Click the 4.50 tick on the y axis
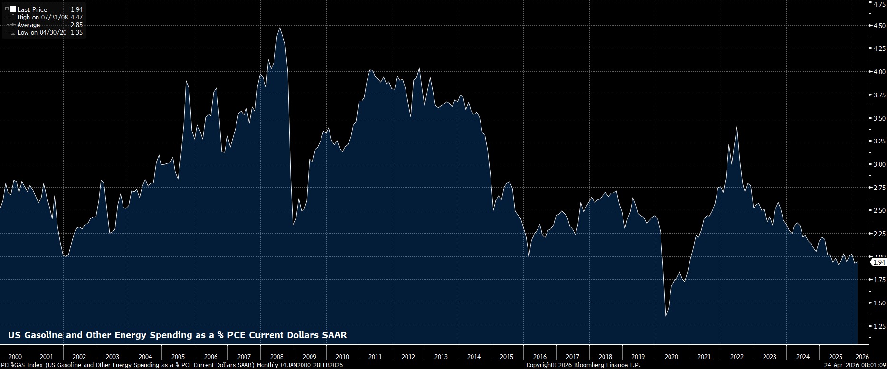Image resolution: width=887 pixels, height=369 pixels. click(x=878, y=26)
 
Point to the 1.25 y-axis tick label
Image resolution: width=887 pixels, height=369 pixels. click(x=878, y=326)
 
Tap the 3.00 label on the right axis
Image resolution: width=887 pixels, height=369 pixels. click(x=878, y=164)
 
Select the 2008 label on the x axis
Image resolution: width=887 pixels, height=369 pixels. click(x=276, y=357)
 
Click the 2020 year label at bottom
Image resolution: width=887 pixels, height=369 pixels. click(x=671, y=357)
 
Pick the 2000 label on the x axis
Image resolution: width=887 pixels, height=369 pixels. click(x=15, y=357)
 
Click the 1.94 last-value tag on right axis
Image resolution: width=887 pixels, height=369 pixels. click(x=879, y=262)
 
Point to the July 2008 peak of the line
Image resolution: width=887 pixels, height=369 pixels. click(x=279, y=28)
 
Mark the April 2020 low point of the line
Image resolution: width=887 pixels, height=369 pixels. click(x=666, y=316)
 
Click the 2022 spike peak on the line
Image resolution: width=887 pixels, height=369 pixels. click(x=736, y=127)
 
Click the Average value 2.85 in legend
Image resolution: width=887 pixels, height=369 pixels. click(x=76, y=25)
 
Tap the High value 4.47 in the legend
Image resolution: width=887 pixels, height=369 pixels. click(x=76, y=17)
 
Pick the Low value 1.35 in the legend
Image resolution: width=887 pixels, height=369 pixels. click(x=76, y=32)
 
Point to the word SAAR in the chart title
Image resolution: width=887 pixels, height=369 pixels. click(x=334, y=335)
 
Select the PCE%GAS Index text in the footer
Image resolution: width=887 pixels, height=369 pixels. click(x=22, y=365)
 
